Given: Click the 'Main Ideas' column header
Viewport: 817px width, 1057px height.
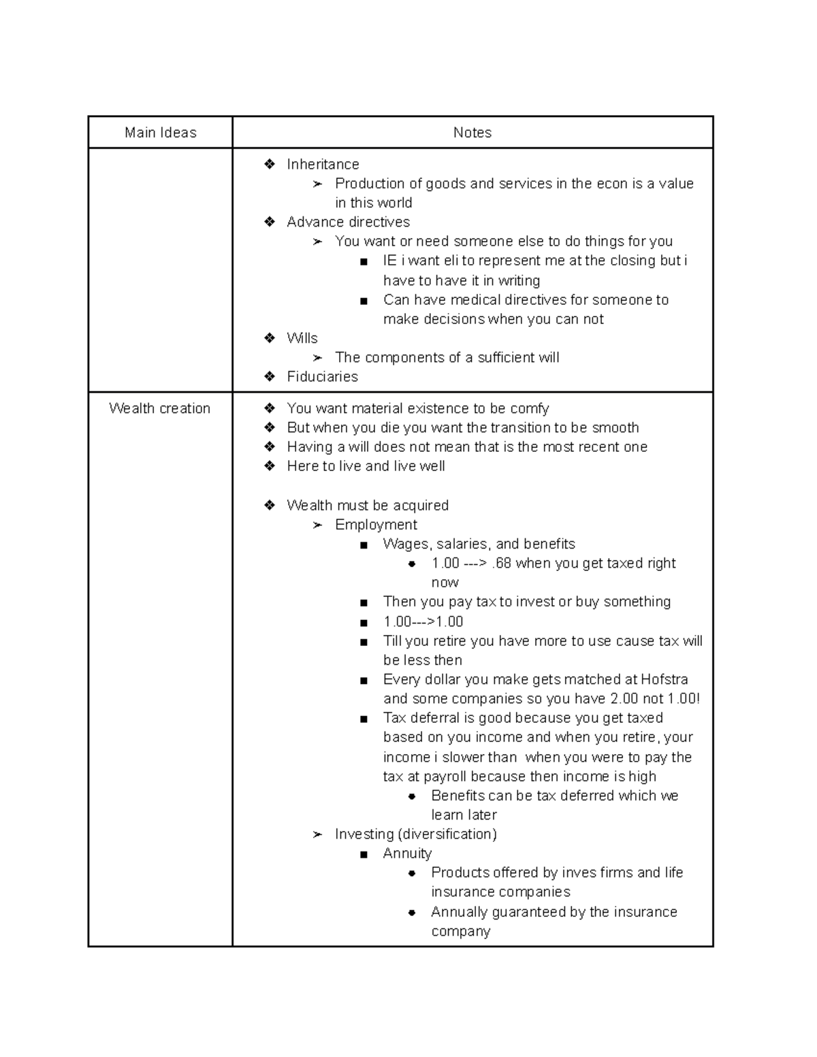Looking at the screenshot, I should click(x=161, y=133).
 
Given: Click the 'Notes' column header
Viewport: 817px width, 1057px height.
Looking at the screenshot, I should click(x=472, y=133).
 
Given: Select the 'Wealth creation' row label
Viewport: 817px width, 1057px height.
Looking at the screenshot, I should click(x=160, y=408).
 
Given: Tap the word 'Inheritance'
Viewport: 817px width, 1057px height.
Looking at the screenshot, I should click(x=323, y=164).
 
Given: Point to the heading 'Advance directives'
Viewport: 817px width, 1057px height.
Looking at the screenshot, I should click(x=348, y=222).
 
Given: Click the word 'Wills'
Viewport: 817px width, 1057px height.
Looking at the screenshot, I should click(x=302, y=338).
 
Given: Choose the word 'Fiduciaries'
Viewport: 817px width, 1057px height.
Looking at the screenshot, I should click(x=322, y=376).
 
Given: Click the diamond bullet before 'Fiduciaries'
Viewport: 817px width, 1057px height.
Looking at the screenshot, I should click(x=270, y=376).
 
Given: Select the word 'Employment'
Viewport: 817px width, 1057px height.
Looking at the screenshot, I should click(x=376, y=525).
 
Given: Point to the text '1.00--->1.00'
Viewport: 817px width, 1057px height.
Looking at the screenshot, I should click(x=423, y=621).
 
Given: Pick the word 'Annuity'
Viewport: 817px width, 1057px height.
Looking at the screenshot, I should click(x=407, y=853).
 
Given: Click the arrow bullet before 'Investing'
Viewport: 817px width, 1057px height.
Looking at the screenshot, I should click(x=317, y=834).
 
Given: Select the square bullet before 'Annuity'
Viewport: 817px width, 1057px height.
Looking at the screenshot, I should click(x=365, y=854).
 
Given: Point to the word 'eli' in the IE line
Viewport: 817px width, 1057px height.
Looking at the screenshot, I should click(x=451, y=261).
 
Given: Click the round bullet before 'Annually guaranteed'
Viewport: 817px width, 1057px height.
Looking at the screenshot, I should click(x=412, y=913).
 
